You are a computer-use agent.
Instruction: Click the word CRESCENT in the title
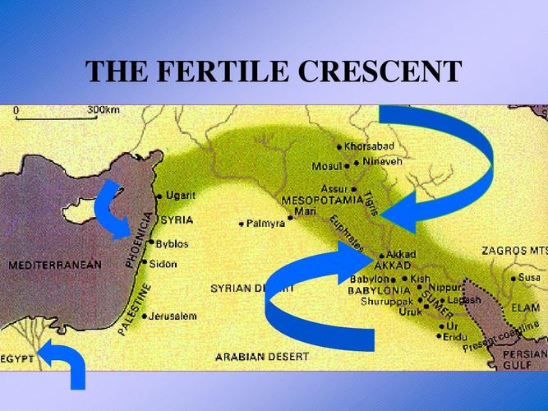[379, 72]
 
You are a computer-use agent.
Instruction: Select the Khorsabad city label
[370, 146]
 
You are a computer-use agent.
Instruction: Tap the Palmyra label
[266, 223]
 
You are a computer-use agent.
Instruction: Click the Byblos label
[172, 244]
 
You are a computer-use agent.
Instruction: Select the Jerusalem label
[173, 316]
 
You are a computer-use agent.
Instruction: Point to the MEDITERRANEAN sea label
[55, 265]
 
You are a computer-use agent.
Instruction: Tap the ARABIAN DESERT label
[262, 357]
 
